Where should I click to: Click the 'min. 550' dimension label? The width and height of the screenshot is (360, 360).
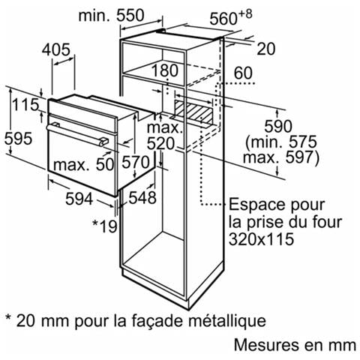[111, 16]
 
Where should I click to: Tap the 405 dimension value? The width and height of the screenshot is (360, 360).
[56, 49]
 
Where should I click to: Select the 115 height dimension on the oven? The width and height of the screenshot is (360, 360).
[25, 104]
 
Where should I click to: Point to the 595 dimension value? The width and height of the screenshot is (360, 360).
[18, 138]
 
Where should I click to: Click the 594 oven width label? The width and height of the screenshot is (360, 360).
[79, 199]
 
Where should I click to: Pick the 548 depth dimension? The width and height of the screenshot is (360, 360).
[142, 197]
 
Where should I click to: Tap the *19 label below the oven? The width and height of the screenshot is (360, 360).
[105, 226]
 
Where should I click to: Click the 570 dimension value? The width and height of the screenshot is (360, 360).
[135, 162]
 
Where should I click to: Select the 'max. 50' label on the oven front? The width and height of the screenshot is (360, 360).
[84, 165]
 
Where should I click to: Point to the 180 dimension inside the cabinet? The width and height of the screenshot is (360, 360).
[165, 70]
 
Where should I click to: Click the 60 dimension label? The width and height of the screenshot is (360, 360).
[243, 73]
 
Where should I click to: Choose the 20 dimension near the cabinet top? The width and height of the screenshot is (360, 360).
[266, 49]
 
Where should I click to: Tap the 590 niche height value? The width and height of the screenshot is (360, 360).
[278, 126]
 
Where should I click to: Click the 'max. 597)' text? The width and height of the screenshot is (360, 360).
[281, 157]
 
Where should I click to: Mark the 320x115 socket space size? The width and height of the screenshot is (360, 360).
[261, 239]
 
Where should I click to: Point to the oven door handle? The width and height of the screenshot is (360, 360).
[77, 134]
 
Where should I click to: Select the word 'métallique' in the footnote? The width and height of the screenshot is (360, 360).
[227, 321]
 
